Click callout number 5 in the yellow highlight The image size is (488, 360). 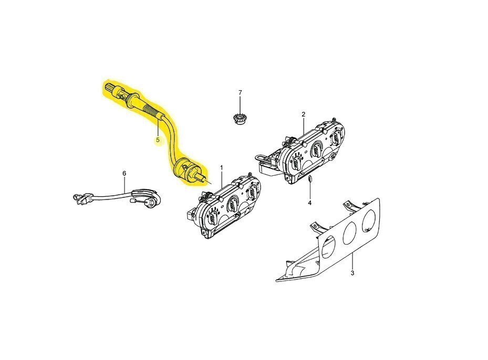(x=158, y=140)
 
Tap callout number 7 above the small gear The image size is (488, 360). (x=240, y=93)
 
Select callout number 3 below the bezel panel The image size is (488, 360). (x=352, y=273)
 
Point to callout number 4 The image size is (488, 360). (x=309, y=203)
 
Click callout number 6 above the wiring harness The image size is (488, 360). (x=124, y=173)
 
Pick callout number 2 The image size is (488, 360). (x=304, y=114)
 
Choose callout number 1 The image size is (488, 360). (x=222, y=168)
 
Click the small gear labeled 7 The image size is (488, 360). (x=239, y=119)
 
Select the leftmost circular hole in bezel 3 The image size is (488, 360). (x=329, y=247)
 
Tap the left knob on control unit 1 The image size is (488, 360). (x=212, y=218)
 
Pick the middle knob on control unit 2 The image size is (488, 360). (x=316, y=148)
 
